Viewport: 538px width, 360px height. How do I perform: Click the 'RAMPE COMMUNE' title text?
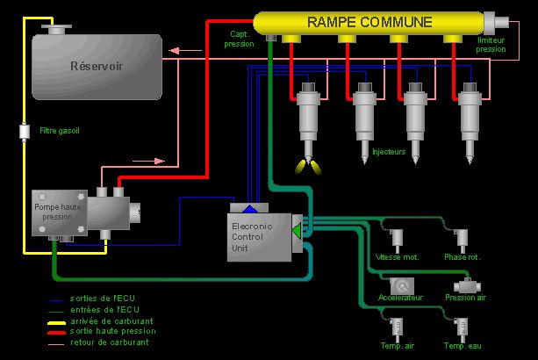(369, 21)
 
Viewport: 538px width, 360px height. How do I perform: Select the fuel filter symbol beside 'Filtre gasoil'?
(25, 132)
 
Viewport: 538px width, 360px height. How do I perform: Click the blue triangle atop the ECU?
(250, 208)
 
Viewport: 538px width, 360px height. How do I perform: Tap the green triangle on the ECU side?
(297, 230)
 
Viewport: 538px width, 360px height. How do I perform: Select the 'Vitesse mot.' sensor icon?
(398, 238)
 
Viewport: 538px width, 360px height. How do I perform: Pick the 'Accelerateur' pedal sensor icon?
(402, 285)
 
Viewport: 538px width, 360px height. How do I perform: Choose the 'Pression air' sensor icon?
(465, 285)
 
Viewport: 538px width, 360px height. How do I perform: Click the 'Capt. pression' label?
(240, 39)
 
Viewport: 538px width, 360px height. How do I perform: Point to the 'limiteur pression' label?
(491, 45)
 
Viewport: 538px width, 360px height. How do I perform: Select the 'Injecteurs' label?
(389, 152)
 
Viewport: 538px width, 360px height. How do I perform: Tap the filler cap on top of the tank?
(58, 29)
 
